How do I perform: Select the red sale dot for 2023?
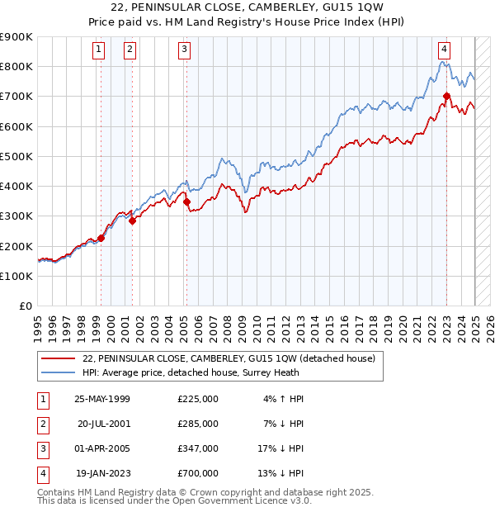[446, 96]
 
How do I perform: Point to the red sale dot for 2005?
[186, 201]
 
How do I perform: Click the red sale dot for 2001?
[132, 220]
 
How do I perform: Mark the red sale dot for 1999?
[101, 239]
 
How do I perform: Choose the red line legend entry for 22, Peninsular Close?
[229, 358]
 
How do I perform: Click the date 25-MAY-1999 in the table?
[102, 399]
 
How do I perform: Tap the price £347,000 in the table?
[198, 448]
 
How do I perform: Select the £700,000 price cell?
[198, 473]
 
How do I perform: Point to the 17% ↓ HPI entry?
[281, 448]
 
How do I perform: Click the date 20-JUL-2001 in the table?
[104, 424]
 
